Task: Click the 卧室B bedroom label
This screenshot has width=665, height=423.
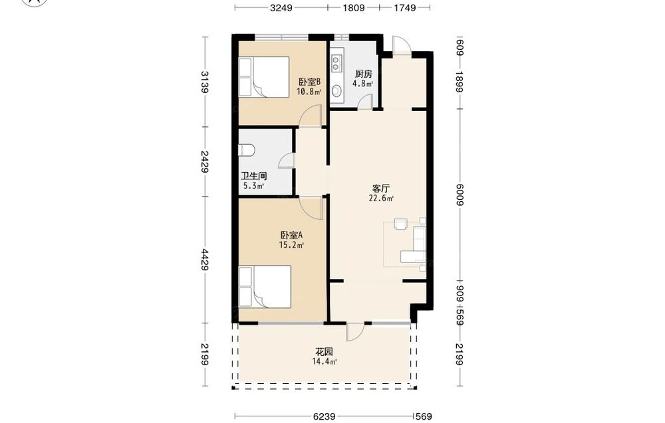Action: tap(309, 81)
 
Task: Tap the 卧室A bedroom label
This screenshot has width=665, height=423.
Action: tap(291, 234)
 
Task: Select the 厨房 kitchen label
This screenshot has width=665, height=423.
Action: tap(364, 74)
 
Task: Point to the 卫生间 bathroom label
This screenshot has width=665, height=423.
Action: tap(253, 176)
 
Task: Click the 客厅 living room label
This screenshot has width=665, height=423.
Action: tap(381, 189)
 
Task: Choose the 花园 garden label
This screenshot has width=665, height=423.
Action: tap(324, 351)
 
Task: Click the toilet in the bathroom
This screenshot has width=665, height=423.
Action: tap(247, 149)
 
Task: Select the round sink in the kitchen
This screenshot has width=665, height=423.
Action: tap(336, 90)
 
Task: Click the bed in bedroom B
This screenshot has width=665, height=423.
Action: tap(264, 76)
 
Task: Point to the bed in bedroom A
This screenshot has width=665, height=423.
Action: tap(265, 287)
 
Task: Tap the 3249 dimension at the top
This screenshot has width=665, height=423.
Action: tap(281, 7)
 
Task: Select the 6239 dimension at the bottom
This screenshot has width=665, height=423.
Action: tap(325, 416)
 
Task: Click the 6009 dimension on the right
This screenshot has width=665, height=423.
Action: tap(460, 195)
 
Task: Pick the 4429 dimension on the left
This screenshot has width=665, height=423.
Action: tap(205, 260)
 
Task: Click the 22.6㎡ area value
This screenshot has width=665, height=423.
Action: tap(381, 198)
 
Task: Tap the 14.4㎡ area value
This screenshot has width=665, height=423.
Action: tap(325, 361)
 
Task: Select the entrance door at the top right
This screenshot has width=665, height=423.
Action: tap(401, 45)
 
